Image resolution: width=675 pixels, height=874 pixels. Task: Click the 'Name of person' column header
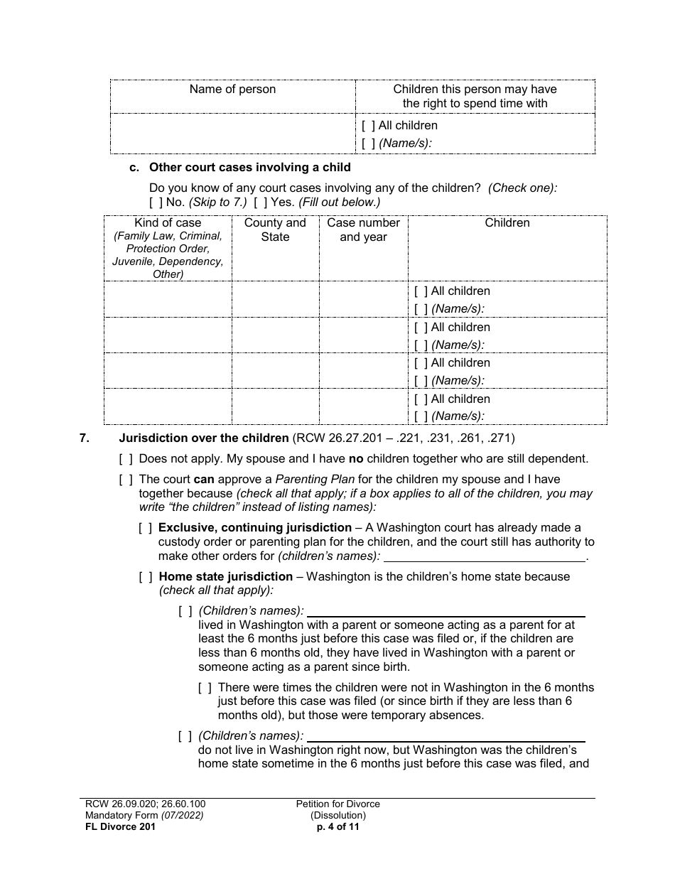pos(232,90)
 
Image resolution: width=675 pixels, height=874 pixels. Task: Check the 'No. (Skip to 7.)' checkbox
pos(156,203)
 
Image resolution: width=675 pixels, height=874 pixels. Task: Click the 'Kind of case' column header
pos(168,223)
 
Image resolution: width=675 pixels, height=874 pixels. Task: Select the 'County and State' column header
pos(275,230)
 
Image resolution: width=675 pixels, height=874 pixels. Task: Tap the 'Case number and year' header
pos(363,230)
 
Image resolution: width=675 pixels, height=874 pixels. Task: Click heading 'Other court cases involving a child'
pos(249,168)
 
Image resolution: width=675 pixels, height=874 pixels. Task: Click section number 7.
pos(85,438)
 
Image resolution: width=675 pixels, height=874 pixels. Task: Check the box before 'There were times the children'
pos(205,688)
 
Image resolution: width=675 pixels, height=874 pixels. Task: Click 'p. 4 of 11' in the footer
pos(338,827)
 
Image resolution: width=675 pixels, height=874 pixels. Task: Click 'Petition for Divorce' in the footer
pos(338,804)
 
